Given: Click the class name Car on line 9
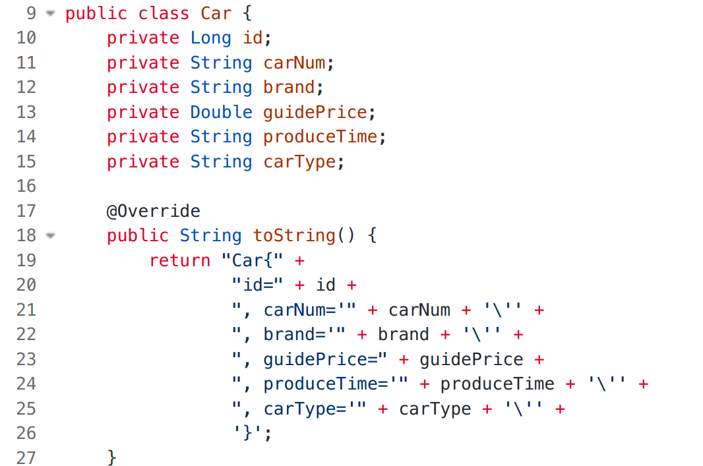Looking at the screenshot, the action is [x=216, y=13].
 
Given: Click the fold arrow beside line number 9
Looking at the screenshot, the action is [x=51, y=13].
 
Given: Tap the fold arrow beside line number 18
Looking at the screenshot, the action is [x=51, y=235].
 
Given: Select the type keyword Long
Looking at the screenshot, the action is [x=211, y=38].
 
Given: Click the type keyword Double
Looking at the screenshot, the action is [x=221, y=112].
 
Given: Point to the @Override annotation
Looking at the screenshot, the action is [x=153, y=211].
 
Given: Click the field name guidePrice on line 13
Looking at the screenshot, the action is [x=315, y=112].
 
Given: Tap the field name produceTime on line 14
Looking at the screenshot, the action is [x=321, y=136].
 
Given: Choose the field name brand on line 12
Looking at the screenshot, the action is [x=289, y=87].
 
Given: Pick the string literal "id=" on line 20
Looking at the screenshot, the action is [x=258, y=285].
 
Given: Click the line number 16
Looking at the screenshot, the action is [x=26, y=186].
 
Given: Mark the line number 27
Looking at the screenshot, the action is [x=26, y=457].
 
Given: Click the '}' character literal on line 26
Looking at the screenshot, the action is [x=247, y=433].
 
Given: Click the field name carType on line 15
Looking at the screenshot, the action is [x=299, y=161].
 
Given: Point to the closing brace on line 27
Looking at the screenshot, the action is [x=112, y=457].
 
